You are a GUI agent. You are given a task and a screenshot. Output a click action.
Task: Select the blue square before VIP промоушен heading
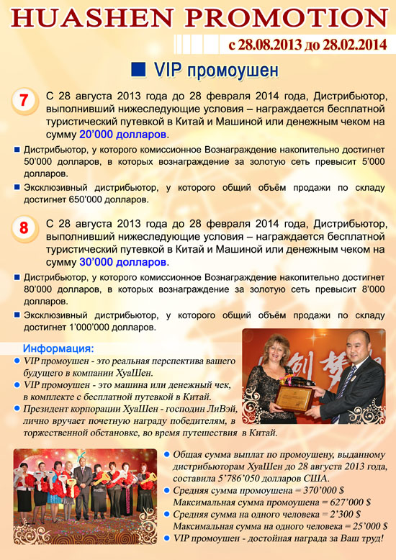click(138, 70)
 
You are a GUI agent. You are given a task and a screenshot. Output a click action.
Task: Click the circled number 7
click(24, 101)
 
